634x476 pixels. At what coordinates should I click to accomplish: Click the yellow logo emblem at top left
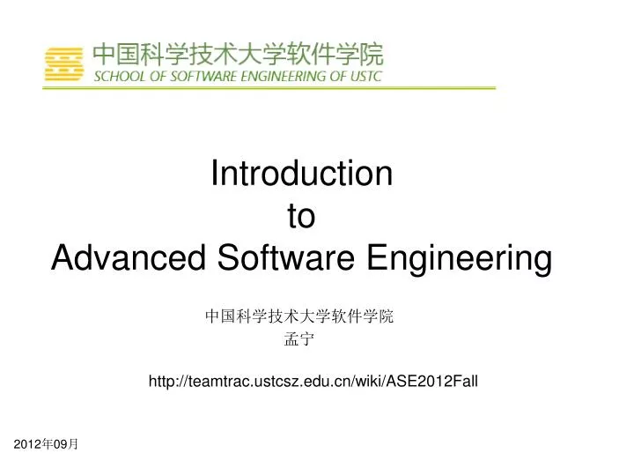point(68,63)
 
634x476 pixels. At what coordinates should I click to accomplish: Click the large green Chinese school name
point(239,54)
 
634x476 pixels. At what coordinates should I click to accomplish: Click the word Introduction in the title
point(302,174)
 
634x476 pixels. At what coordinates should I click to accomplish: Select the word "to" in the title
point(302,216)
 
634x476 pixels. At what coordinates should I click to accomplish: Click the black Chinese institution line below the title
point(299,316)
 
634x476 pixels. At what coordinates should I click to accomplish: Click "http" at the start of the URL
point(162,381)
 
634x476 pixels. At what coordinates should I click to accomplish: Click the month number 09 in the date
point(61,447)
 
